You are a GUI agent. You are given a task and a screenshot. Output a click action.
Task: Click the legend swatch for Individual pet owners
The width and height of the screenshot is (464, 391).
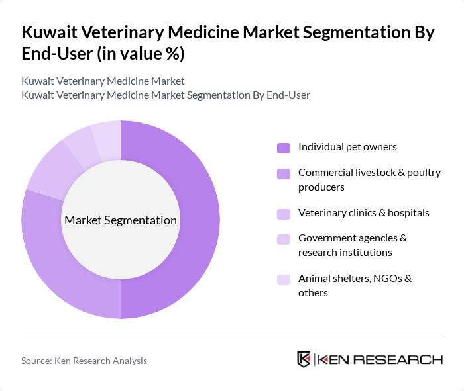[x=284, y=148]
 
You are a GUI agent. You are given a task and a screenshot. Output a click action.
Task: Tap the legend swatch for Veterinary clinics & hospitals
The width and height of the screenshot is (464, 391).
[x=284, y=214]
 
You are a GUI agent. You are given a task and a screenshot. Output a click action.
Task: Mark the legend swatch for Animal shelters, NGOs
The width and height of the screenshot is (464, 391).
[x=284, y=279]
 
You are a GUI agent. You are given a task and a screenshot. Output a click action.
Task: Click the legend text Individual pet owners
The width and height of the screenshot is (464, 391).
[x=347, y=147]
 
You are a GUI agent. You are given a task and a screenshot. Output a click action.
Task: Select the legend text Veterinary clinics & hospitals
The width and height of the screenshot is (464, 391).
[x=363, y=213]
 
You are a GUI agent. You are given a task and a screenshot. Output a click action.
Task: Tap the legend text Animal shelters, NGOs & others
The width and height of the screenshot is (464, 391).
[x=355, y=285]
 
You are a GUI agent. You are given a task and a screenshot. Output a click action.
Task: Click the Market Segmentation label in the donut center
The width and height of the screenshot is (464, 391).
[x=121, y=220]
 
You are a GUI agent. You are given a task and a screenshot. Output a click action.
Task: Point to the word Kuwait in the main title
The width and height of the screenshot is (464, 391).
[x=50, y=33]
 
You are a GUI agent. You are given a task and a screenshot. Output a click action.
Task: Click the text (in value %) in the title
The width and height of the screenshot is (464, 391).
[x=141, y=54]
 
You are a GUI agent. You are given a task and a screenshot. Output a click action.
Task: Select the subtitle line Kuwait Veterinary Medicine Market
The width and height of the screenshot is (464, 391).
[x=103, y=81]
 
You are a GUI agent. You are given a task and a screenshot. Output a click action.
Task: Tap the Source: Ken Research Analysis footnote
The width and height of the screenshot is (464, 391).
[x=84, y=361]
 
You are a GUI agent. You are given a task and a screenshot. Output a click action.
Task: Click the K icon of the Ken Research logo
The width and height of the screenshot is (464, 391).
[x=304, y=359]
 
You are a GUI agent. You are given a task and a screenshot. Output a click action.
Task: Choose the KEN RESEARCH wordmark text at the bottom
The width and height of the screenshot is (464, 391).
[x=380, y=360]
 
